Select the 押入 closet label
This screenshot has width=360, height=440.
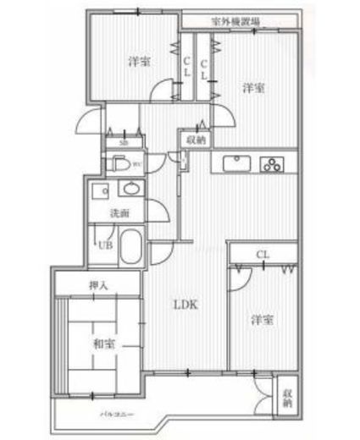click(x=98, y=285)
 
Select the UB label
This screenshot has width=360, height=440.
click(x=104, y=245)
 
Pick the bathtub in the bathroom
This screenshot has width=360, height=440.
click(x=130, y=248)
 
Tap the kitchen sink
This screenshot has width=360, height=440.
click(x=235, y=164)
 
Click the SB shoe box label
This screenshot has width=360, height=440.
click(x=124, y=143)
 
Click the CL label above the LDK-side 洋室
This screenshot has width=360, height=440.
click(x=263, y=253)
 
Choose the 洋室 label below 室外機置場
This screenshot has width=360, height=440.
click(x=252, y=87)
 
